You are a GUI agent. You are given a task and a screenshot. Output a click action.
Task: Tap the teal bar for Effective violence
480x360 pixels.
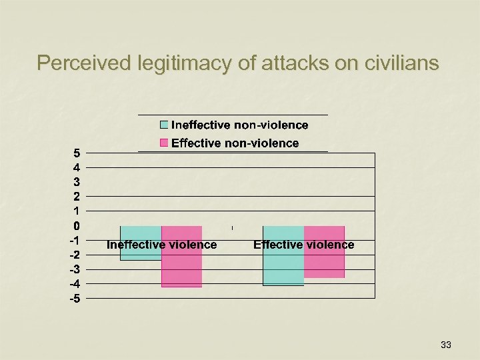[283, 267]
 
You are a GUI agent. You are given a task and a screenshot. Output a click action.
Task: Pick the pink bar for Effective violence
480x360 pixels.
[325, 263]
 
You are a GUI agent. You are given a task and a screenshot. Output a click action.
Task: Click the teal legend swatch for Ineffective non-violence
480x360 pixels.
[164, 125]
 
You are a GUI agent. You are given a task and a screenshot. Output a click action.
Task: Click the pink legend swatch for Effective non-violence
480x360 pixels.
[164, 143]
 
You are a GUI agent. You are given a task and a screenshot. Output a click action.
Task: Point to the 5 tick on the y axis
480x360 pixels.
[77, 153]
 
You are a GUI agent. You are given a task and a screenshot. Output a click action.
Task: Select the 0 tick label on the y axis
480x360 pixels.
[77, 225]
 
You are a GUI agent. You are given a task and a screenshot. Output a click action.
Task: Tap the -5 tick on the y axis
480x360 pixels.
[75, 298]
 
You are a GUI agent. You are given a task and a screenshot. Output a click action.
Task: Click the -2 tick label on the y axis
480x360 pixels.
[75, 255]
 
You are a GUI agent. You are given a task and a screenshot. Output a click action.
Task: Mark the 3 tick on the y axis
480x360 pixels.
[77, 181]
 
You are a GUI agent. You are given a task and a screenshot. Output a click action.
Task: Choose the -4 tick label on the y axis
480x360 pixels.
[75, 283]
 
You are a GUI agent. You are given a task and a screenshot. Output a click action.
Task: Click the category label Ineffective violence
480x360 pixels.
[162, 245]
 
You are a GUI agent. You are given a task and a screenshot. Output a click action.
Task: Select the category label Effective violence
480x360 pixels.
[304, 245]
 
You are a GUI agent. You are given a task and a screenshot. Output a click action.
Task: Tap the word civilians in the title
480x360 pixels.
[403, 63]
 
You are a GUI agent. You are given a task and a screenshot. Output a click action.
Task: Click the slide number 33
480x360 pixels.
[446, 345]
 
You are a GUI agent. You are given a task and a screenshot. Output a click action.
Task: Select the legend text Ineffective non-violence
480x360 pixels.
[240, 125]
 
